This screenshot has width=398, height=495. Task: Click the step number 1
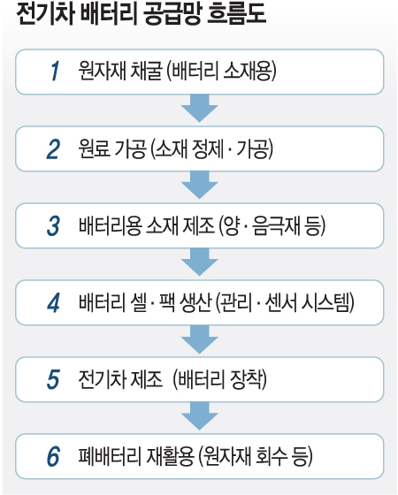click(x=55, y=72)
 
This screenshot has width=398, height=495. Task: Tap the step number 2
click(x=53, y=149)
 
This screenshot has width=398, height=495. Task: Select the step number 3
click(x=53, y=226)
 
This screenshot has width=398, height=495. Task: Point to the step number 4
click(x=53, y=303)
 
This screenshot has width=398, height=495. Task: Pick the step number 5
click(x=53, y=380)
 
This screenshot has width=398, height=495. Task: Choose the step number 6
click(x=53, y=457)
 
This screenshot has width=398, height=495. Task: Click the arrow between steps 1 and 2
click(x=200, y=108)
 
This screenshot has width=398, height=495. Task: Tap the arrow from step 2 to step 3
click(x=200, y=185)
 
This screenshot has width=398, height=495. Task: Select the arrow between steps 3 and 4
click(x=200, y=262)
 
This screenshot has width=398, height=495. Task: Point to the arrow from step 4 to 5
click(x=200, y=339)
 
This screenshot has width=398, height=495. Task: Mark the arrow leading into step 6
click(x=200, y=415)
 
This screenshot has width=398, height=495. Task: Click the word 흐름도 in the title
click(x=236, y=13)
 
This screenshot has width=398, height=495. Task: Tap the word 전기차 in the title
click(x=45, y=13)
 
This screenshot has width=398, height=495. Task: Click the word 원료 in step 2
click(x=94, y=148)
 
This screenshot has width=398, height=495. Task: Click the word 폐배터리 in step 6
click(x=110, y=456)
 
